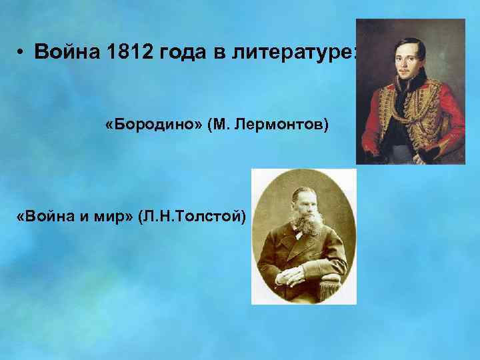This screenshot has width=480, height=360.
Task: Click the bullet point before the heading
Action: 21,53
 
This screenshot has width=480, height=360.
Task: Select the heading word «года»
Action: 181,53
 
